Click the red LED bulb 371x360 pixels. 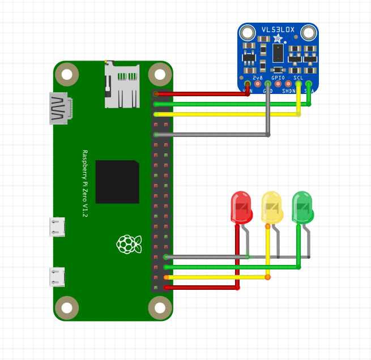point(241,207)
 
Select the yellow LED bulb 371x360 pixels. point(272,207)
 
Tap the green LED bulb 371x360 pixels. point(302,207)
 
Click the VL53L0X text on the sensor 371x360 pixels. point(278,29)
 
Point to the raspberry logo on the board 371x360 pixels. point(129,243)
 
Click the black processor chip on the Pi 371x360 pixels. point(117,182)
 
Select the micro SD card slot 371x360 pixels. point(122,85)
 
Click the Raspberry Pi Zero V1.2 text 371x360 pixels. point(85,184)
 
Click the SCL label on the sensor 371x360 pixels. point(298,77)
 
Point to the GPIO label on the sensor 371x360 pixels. point(278,77)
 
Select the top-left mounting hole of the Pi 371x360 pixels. point(67,74)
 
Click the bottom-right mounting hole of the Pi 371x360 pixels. point(160,308)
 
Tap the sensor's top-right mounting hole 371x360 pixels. point(309,33)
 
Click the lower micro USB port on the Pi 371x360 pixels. point(57,277)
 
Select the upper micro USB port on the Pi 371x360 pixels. point(57,227)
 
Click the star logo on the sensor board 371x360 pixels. point(278,38)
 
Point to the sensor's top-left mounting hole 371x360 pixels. point(248,33)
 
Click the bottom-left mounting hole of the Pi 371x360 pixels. point(67,308)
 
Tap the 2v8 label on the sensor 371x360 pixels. point(258,77)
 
